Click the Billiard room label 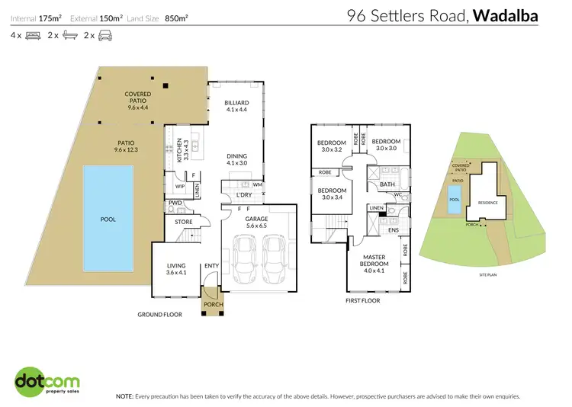(235, 106)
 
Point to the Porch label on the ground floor (211, 309)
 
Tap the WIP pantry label (181, 186)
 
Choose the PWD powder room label (175, 203)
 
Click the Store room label (184, 223)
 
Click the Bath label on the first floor (387, 184)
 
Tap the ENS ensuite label (394, 229)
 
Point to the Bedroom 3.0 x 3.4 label (332, 194)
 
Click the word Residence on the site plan (487, 203)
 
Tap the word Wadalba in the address (515, 14)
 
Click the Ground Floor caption (159, 314)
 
